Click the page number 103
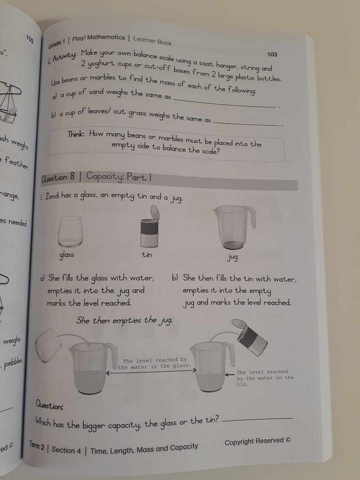272,54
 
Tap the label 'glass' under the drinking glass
67,255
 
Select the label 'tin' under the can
147,255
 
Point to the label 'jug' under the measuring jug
233,258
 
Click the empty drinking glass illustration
70,231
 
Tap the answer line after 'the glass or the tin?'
257,419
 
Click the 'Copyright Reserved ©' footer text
257,441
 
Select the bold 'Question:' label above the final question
49,406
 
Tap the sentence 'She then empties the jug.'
124,321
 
